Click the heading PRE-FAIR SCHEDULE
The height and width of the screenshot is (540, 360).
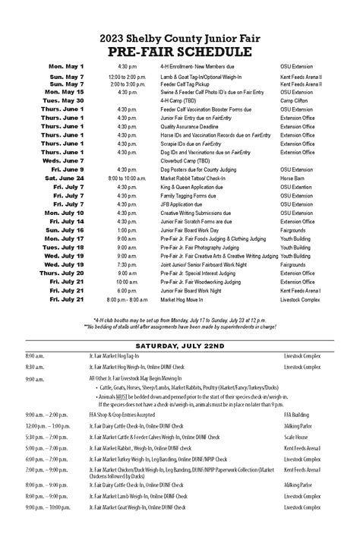click(x=180, y=52)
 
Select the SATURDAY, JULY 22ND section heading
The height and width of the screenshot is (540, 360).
click(x=180, y=343)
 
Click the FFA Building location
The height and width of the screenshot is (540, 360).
click(x=297, y=415)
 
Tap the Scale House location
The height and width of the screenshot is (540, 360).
click(x=295, y=437)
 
